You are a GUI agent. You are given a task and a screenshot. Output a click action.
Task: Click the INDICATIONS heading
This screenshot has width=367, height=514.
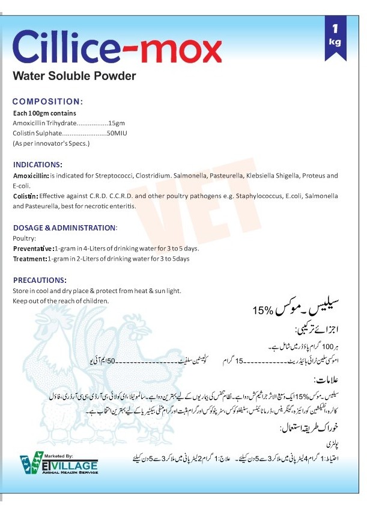[37, 164]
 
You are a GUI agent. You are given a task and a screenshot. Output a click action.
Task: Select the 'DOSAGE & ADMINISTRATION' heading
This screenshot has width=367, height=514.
[64, 228]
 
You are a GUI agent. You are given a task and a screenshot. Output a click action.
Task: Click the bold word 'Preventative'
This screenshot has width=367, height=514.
[33, 248]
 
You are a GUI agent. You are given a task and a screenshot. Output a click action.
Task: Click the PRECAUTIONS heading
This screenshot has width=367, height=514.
[40, 280]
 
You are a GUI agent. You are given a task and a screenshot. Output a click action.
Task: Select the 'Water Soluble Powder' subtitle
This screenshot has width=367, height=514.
[74, 76]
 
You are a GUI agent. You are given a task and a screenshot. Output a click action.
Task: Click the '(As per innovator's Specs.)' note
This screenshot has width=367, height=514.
[51, 143]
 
